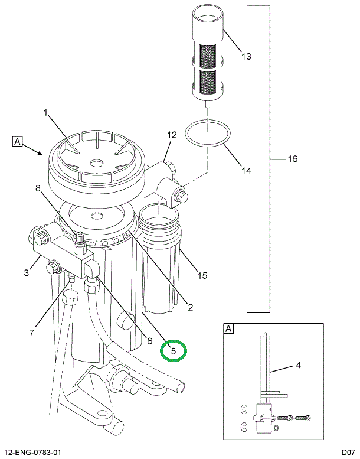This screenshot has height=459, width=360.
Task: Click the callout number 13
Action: (x=246, y=57)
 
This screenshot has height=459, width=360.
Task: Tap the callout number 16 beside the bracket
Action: (x=292, y=159)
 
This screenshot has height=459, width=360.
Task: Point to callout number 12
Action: (x=171, y=135)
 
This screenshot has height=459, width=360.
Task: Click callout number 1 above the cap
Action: (x=45, y=112)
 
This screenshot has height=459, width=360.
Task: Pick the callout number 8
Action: (x=38, y=189)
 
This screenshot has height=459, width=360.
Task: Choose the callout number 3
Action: (x=26, y=272)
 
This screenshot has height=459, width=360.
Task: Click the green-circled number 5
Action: (x=174, y=350)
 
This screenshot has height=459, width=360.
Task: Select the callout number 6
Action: (x=150, y=340)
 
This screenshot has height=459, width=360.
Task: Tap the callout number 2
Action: (x=190, y=307)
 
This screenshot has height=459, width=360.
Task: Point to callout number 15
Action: (x=202, y=275)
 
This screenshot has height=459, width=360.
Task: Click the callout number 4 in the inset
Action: (x=298, y=365)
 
